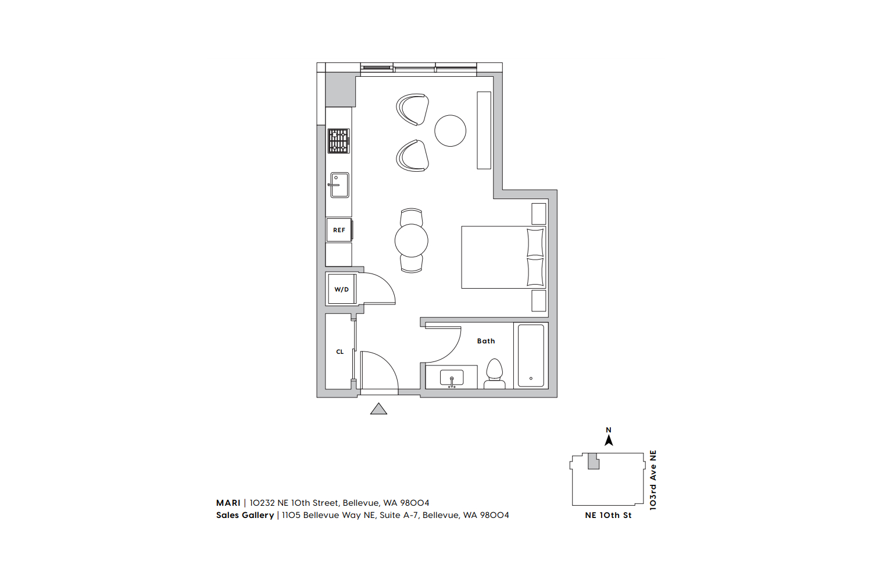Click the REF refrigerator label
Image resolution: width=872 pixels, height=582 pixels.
point(339,230)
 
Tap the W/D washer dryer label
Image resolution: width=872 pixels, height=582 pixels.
point(341,289)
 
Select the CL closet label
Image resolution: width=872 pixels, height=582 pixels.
point(340,352)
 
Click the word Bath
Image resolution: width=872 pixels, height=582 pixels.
point(486,341)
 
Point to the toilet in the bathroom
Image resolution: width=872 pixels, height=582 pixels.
point(494,374)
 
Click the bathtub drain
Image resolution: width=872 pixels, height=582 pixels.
point(531,378)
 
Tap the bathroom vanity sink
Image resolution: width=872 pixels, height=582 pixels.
point(452,377)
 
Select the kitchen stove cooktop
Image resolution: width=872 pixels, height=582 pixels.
point(339,141)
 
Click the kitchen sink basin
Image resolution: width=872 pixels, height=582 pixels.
point(339,185)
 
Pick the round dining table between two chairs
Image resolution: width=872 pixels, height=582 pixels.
point(412,240)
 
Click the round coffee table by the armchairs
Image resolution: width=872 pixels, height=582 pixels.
point(451,130)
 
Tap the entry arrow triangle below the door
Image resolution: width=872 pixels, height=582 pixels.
point(378,409)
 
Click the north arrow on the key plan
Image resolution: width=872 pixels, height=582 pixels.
point(609,441)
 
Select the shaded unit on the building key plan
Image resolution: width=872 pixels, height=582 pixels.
point(593,461)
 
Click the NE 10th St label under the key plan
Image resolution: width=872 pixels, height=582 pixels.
point(608,515)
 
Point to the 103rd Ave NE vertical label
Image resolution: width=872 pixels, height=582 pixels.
point(653,480)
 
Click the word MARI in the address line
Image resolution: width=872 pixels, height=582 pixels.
point(228,503)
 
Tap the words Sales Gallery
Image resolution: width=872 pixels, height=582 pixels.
point(245,515)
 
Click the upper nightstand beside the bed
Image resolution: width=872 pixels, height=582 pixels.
point(539,214)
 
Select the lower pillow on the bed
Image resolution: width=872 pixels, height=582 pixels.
point(535,272)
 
